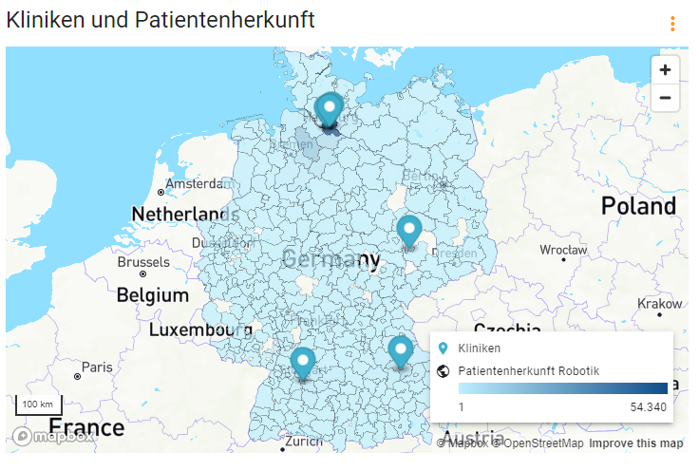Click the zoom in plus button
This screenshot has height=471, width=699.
coord(665,69)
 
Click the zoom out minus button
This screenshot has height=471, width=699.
coord(665,98)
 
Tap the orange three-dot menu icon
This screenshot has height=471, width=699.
coord(672,24)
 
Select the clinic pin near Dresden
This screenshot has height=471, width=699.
coord(409,231)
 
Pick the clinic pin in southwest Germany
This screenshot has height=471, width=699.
coord(303,363)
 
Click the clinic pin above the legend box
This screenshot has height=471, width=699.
coord(400,351)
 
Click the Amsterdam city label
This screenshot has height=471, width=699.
coord(195,183)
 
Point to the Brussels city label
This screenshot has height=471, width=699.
coord(144,262)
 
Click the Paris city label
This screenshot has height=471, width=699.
coord(97,367)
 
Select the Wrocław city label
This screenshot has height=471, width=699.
coord(562,251)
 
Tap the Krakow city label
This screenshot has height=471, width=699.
coord(660,304)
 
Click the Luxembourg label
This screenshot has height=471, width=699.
coord(200,330)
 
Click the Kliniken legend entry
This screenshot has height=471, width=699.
coord(479,349)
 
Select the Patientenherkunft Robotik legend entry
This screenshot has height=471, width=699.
coord(528,370)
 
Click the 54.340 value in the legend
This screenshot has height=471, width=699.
coord(650,406)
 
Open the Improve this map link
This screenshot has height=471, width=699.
coord(635,443)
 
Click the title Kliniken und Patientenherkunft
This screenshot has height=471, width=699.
coord(161,19)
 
